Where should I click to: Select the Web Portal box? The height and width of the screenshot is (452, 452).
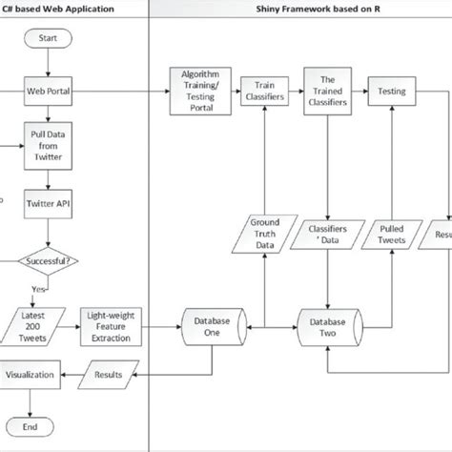click(x=48, y=92)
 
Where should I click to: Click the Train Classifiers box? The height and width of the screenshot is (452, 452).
click(x=259, y=92)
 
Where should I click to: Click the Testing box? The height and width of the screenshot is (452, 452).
click(x=392, y=92)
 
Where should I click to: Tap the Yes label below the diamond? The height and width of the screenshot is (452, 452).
click(x=37, y=289)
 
